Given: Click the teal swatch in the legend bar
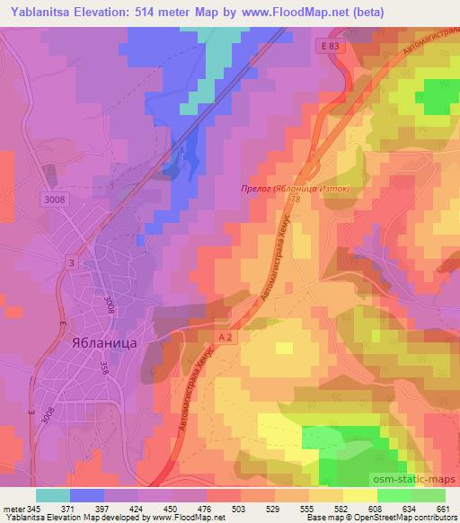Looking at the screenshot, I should coord(53,495).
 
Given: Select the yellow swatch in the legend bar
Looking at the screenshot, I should coord(359,495).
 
